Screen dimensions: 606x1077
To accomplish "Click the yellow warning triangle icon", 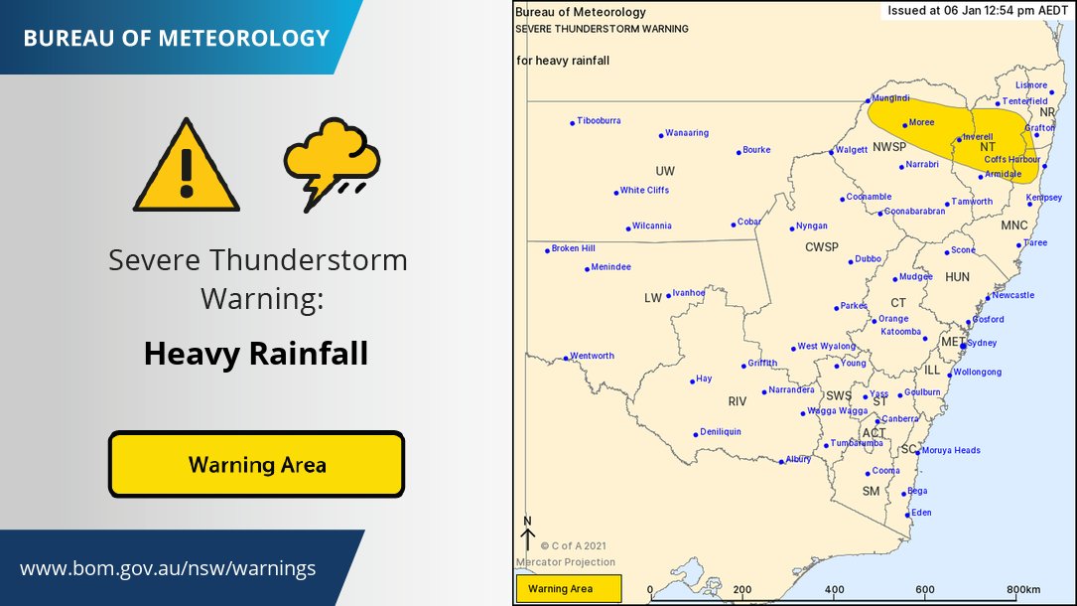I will pyautogui.click(x=187, y=166).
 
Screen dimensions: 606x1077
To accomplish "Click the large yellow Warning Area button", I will pyautogui.click(x=256, y=464).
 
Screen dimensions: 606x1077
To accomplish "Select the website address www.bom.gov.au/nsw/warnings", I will pyautogui.click(x=168, y=569).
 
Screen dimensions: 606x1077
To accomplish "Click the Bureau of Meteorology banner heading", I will pyautogui.click(x=176, y=38).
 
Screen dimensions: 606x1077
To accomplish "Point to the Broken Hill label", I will pyautogui.click(x=573, y=248).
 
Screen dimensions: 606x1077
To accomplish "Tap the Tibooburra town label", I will pyautogui.click(x=599, y=121).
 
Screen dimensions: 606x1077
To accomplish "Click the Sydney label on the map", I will pyautogui.click(x=981, y=343).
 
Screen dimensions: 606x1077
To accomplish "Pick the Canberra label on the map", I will pyautogui.click(x=900, y=419).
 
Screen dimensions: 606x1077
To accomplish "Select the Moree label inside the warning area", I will pyautogui.click(x=921, y=123).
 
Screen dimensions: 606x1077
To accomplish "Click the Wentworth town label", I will pyautogui.click(x=592, y=356).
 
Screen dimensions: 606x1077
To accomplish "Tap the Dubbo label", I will pyautogui.click(x=869, y=259).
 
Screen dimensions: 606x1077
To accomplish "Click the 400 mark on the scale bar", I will pyautogui.click(x=834, y=589).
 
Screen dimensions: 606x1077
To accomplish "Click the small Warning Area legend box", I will pyautogui.click(x=568, y=589).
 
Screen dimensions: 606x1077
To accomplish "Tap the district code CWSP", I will pyautogui.click(x=821, y=246).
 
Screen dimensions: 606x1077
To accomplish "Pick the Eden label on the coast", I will pyautogui.click(x=921, y=513).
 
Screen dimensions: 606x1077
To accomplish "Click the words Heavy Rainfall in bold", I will pyautogui.click(x=256, y=353).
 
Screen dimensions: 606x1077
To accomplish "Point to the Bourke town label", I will pyautogui.click(x=755, y=150).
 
